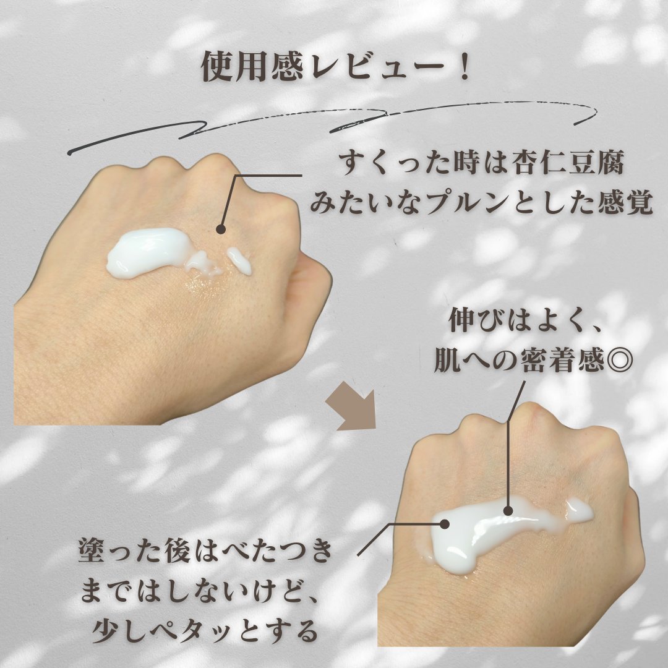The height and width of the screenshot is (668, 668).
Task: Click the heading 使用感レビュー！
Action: click(336, 67)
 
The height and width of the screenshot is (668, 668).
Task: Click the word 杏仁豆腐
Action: click(568, 163)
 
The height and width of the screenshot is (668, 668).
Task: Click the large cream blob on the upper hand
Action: click(147, 253)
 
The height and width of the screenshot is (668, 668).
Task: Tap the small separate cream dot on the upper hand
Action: click(239, 260)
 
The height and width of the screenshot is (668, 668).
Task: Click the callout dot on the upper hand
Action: click(221, 229)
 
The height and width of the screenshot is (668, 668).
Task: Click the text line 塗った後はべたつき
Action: click(205, 550)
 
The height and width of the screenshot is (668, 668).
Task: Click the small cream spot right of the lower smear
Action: click(580, 510)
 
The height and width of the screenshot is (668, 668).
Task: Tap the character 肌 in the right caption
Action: click(448, 361)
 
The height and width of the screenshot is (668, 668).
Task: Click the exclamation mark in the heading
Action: click(464, 67)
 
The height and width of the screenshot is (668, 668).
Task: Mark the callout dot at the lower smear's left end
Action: click(444, 524)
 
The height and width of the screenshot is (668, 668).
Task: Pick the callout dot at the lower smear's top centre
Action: click(508, 511)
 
